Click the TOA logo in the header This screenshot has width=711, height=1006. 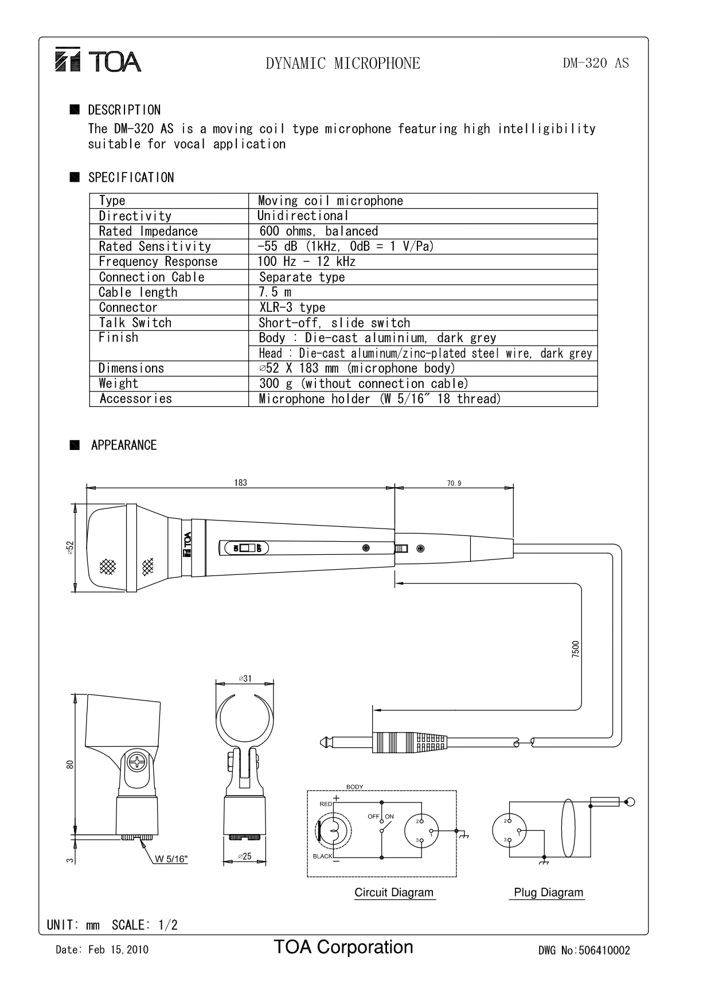click(x=98, y=61)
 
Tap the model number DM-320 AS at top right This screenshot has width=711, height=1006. click(x=596, y=63)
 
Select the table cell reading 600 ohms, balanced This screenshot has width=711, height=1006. click(x=318, y=231)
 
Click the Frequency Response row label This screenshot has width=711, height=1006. click(x=158, y=262)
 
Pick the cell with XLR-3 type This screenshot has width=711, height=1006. click(x=292, y=307)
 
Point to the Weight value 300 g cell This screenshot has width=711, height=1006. click(x=364, y=383)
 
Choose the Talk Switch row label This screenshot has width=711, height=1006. click(x=135, y=323)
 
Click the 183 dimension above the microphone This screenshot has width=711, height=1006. click(x=240, y=483)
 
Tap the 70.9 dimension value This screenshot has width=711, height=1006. click(x=454, y=483)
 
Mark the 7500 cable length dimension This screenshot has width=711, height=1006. click(x=576, y=649)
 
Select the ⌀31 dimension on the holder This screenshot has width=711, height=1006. click(x=245, y=678)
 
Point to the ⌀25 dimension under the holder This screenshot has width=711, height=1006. click(x=245, y=856)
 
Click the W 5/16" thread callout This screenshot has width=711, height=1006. click(x=171, y=859)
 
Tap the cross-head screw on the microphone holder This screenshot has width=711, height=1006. click(x=138, y=762)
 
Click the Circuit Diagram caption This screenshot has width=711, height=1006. click(x=394, y=893)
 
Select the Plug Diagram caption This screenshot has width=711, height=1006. click(x=548, y=893)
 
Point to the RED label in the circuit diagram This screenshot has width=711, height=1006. click(x=326, y=804)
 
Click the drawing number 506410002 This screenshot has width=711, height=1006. click(x=604, y=950)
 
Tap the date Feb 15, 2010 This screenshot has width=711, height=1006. click(x=118, y=950)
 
